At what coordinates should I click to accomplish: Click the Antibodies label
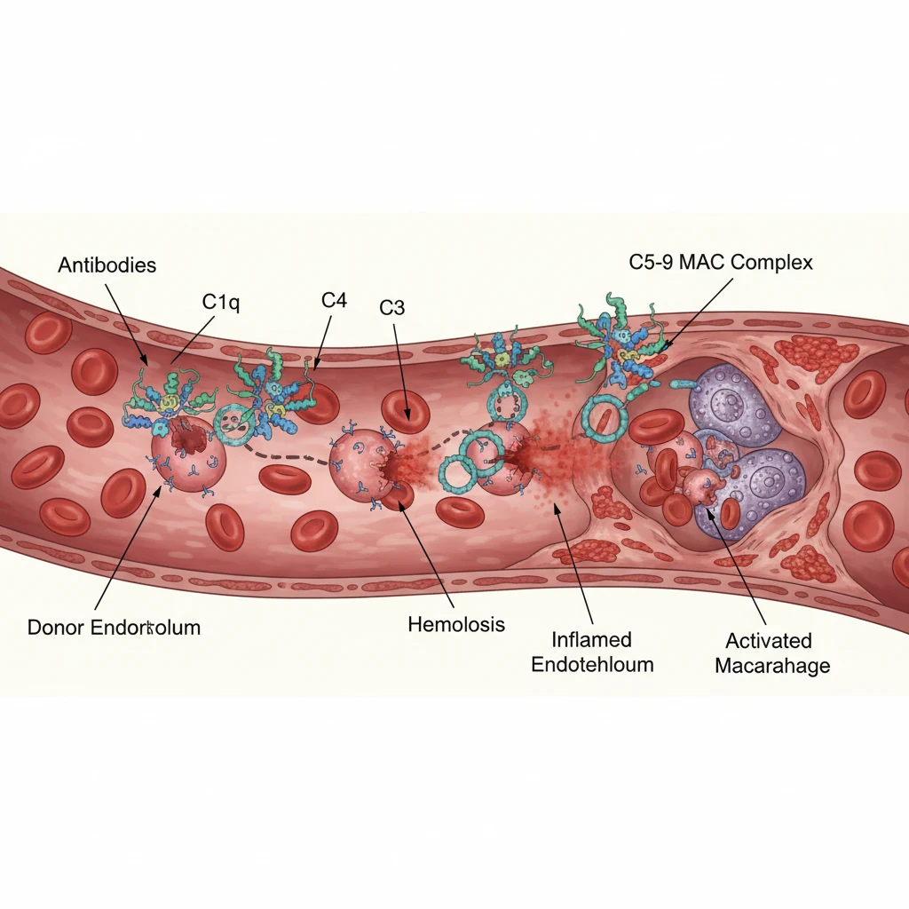pos(107,265)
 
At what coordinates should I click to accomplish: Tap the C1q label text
pos(221,302)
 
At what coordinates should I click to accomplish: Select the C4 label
pos(333,300)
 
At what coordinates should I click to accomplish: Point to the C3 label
pos(391,307)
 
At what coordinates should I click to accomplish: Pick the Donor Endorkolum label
pos(114,628)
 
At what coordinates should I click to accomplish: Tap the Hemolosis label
pos(456,624)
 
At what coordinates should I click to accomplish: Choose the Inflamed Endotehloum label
pos(591,652)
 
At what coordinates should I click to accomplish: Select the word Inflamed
pos(591,639)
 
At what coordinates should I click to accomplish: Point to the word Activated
pos(768,641)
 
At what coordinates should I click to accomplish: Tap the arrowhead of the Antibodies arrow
pos(146,363)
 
